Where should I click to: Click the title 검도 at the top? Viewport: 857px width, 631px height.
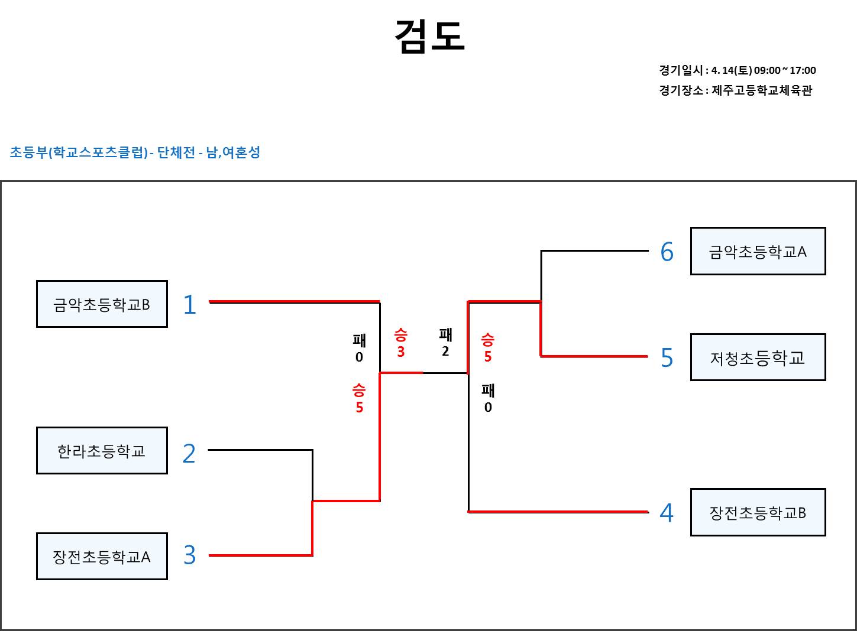pos(429,36)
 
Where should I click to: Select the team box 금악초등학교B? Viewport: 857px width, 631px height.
pos(102,304)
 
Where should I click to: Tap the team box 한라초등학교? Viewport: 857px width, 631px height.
pos(102,451)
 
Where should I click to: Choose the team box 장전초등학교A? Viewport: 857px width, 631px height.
pos(102,557)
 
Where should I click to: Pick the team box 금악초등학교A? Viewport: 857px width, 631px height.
pos(758,252)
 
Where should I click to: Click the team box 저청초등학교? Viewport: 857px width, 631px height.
pos(758,357)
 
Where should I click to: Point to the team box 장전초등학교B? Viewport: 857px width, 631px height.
pos(758,512)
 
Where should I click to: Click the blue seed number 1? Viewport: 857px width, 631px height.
pos(189,305)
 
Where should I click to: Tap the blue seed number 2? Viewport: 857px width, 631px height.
pos(189,453)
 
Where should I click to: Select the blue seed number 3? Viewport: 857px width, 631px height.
pos(189,555)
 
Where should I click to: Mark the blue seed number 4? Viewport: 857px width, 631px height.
pos(667,513)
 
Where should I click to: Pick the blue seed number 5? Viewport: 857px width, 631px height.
pos(667,358)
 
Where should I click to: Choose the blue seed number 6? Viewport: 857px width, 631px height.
pos(667,252)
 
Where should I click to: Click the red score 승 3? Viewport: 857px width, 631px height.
pos(400,343)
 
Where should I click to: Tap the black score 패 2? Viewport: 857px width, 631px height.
pos(445,343)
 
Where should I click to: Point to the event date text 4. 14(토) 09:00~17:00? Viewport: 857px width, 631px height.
pos(763,70)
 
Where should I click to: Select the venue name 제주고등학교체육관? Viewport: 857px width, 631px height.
pos(762,90)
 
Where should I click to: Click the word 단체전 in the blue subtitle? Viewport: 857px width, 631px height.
pos(176,152)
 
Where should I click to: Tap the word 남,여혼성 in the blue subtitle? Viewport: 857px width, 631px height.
pos(233,152)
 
